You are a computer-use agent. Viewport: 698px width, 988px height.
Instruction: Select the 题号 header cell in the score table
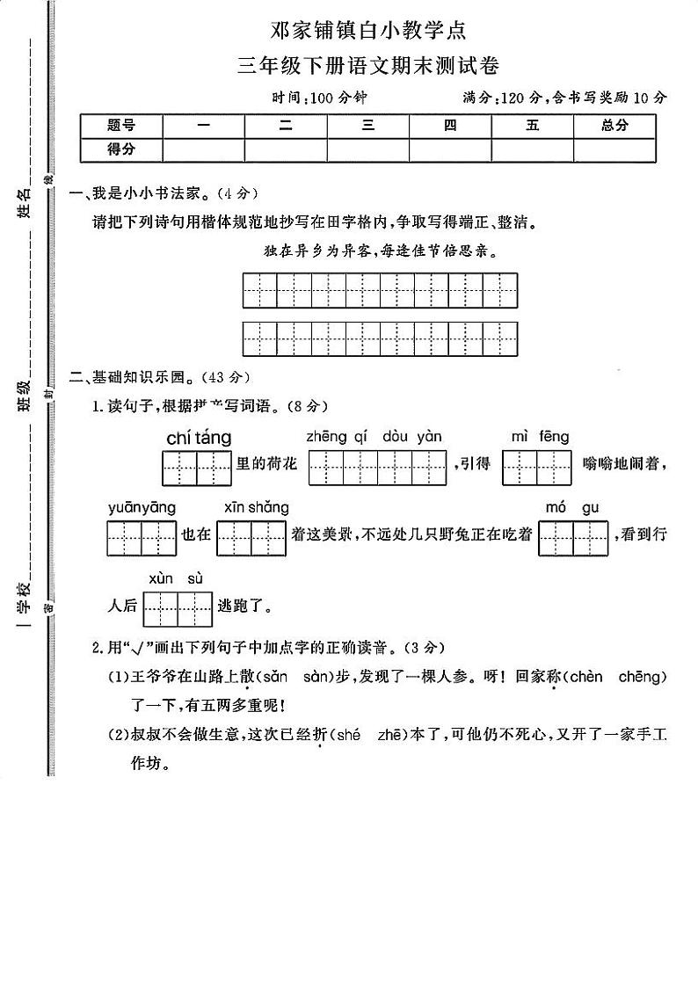(x=121, y=126)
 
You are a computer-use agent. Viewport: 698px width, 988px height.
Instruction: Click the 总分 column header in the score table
(x=614, y=126)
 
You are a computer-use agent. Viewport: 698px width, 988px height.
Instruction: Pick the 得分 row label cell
(x=121, y=149)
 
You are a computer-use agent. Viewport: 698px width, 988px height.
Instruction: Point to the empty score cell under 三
(x=368, y=149)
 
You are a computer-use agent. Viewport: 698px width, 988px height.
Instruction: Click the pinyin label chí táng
(x=198, y=438)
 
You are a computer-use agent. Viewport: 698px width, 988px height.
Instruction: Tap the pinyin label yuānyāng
(x=142, y=507)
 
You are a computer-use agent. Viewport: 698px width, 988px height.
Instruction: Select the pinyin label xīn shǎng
(x=256, y=507)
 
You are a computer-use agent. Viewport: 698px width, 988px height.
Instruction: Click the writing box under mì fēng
(x=536, y=468)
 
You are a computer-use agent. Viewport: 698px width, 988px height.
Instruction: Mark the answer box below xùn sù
(x=177, y=608)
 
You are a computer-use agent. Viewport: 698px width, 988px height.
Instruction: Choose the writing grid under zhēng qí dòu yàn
(x=378, y=468)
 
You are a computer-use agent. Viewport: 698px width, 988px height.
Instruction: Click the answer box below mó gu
(x=573, y=538)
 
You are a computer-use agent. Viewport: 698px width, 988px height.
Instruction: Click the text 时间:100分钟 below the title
(x=319, y=98)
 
